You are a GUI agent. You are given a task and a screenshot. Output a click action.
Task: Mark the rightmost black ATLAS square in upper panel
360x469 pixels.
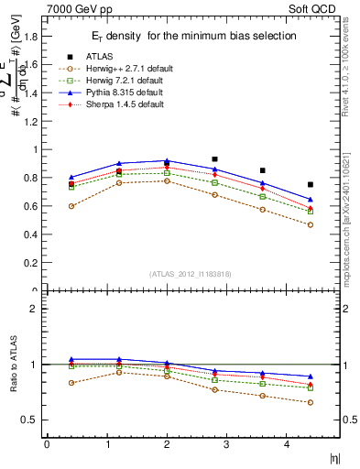311,185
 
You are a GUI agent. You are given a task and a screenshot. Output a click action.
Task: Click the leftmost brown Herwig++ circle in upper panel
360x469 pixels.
71,206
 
